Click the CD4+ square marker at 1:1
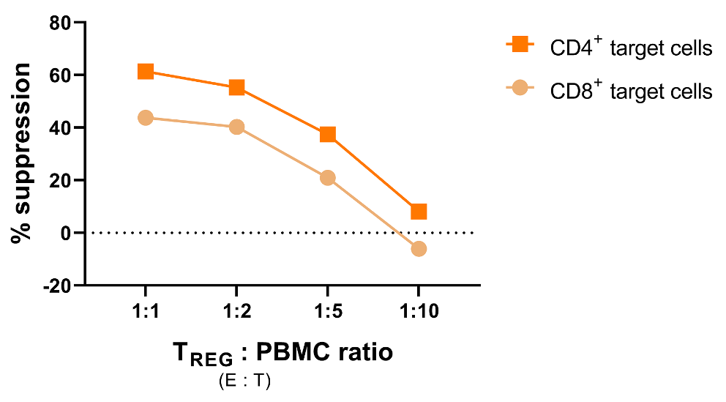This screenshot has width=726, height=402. [x=146, y=71]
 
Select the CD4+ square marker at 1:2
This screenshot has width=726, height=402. [x=236, y=87]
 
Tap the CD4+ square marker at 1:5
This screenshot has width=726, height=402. [x=328, y=134]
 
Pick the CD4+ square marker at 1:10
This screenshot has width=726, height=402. [x=419, y=212]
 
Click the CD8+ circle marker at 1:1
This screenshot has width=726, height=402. [x=146, y=118]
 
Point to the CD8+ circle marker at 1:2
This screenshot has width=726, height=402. [x=236, y=127]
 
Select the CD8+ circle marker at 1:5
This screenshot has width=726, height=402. [x=328, y=178]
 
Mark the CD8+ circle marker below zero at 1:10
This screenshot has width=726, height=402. [x=419, y=249]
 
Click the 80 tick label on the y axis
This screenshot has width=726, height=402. [x=59, y=23]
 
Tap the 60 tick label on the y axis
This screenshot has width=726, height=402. [x=59, y=75]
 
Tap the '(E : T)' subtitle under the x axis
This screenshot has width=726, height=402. [x=244, y=381]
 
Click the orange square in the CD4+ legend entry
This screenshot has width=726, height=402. [x=521, y=45]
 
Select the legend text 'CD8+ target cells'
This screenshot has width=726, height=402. [x=632, y=91]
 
